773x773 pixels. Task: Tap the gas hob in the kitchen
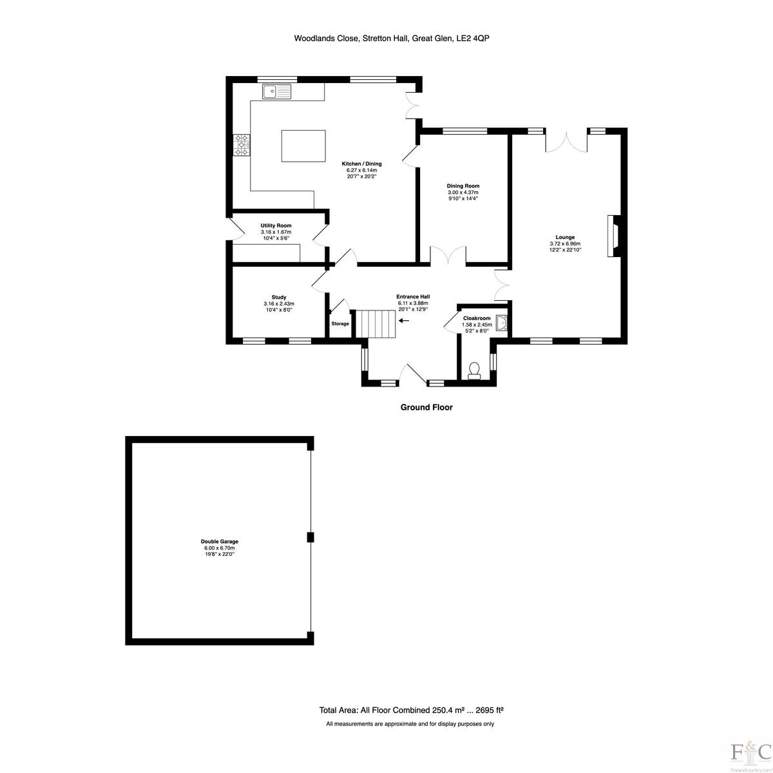[x=242, y=145]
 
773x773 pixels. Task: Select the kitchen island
[x=303, y=146]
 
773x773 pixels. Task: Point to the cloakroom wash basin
[x=502, y=323]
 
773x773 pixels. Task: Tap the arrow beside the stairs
[x=404, y=321]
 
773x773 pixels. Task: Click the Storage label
[x=340, y=324]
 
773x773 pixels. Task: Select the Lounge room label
[x=565, y=237]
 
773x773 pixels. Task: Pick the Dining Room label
[x=463, y=186]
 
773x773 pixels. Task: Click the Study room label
[x=279, y=297]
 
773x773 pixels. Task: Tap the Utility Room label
[x=276, y=226]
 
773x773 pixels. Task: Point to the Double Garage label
[x=220, y=542]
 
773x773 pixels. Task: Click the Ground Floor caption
[x=426, y=408]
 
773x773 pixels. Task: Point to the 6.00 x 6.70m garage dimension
[x=220, y=548]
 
